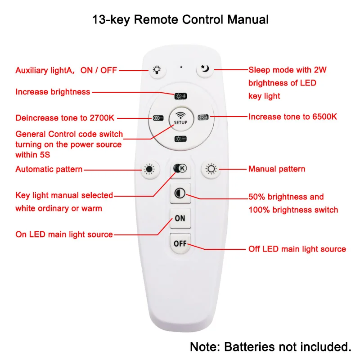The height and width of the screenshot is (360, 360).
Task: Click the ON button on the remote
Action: point(180,219)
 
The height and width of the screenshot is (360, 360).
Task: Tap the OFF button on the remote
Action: point(180,243)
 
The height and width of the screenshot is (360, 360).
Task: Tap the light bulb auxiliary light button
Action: point(156,69)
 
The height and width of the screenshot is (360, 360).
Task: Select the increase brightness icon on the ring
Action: point(180,95)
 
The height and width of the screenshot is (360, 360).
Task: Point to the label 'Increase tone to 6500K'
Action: point(292,117)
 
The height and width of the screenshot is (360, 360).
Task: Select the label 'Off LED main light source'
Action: point(297,249)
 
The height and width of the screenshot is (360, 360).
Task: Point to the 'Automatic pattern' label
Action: point(49,169)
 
